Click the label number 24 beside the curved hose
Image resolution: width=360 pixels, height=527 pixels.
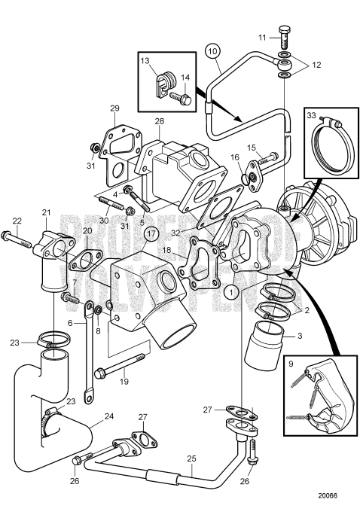108,415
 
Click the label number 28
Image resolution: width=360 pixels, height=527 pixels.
159,121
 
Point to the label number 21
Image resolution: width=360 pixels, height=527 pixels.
46,212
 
